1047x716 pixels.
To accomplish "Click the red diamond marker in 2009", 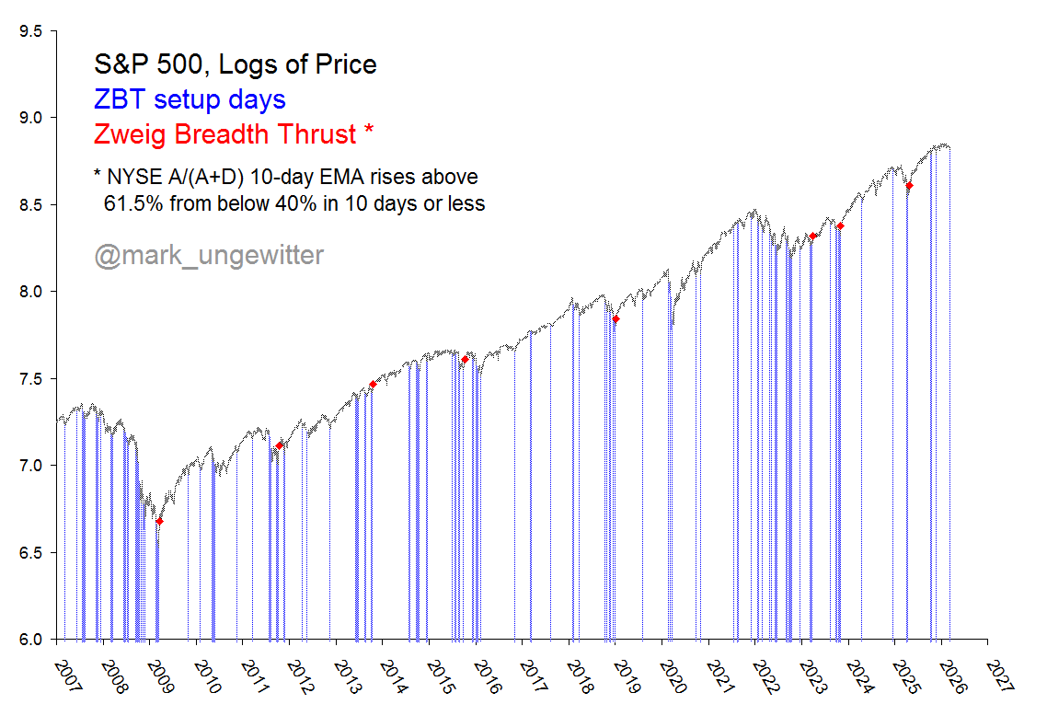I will (159, 521).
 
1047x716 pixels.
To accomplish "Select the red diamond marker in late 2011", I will (280, 445).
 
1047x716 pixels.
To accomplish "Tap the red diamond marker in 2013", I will (373, 384).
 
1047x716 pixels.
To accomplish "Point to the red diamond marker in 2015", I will (465, 359).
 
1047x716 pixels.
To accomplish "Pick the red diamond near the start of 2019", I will (616, 318).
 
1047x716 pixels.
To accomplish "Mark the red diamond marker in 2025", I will (909, 186).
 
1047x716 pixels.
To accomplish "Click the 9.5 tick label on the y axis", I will (31, 31).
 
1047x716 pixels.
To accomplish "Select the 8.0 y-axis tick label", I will (31, 292).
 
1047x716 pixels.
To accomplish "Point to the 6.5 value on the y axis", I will (31, 553).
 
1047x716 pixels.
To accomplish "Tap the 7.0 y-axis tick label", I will (31, 466).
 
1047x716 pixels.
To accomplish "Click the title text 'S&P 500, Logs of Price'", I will (236, 64).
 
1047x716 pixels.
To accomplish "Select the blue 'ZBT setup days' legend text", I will (190, 99).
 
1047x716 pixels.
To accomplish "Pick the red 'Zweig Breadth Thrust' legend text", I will (224, 134).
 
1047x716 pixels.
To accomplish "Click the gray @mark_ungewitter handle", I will (209, 255).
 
